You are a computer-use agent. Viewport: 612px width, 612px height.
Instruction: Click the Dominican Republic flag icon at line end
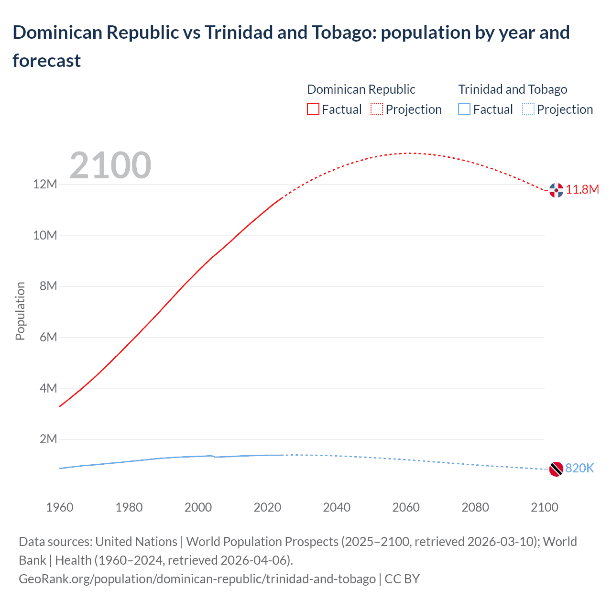point(556,190)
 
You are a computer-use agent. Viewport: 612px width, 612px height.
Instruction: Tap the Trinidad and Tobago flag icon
point(556,469)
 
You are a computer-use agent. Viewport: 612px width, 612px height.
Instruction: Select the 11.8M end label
point(582,190)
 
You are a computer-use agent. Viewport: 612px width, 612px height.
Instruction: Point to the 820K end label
point(579,469)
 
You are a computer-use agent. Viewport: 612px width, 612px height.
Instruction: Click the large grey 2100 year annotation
point(110,165)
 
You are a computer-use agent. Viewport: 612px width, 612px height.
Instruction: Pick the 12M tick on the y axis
point(45,185)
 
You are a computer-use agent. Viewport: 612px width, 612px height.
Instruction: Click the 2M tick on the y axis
point(48,439)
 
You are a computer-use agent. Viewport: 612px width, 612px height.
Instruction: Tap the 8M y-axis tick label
point(48,286)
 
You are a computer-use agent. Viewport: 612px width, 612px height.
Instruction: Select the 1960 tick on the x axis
point(60,507)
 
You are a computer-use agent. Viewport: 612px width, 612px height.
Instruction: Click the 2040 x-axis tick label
point(337,507)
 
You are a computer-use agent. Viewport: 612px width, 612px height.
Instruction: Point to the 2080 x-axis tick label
point(475,507)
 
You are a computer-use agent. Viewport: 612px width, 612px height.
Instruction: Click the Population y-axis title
point(20,311)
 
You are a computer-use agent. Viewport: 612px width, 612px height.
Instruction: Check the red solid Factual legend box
point(313,109)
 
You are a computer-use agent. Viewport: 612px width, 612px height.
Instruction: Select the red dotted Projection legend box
point(377,109)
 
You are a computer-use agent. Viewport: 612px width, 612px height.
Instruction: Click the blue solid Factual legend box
point(464,109)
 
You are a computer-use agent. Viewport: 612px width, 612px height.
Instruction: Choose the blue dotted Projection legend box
point(528,109)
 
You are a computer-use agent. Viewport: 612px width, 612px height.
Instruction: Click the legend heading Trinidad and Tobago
point(513,89)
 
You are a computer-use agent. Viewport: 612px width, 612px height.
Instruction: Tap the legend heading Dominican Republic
point(361,89)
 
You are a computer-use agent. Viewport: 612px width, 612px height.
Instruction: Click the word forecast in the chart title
point(47,61)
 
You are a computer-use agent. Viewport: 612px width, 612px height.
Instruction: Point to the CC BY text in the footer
point(402,579)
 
